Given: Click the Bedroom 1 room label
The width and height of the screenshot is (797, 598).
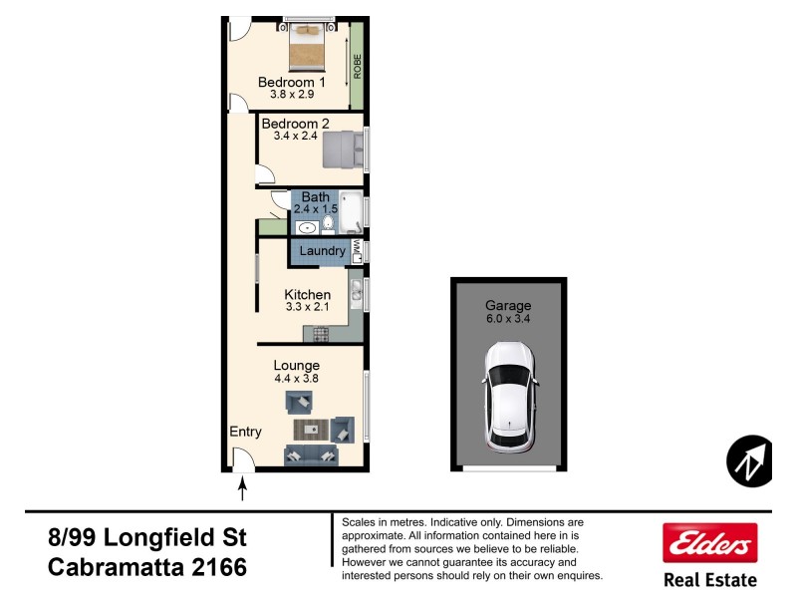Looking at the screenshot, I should pos(292,82).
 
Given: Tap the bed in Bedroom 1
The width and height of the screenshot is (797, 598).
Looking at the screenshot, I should pos(307,44).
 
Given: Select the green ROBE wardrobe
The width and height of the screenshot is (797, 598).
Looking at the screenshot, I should pos(356,66).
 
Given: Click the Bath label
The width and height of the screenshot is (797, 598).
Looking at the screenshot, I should pos(315,197).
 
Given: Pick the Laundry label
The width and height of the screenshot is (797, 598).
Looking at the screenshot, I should pos(322,251).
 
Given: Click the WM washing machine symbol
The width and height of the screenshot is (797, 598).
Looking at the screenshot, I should pos(356,251).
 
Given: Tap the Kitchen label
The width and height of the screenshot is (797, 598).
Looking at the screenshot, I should pos(307,294).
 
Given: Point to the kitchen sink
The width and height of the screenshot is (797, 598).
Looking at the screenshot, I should pos(356,292).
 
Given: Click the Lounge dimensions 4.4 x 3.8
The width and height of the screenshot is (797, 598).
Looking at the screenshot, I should pos(296,379).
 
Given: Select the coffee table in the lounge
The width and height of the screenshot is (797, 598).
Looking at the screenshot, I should pos(311,430).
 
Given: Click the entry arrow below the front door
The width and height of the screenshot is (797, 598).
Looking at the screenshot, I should pos(241,488).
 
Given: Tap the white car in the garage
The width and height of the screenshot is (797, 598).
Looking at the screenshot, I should pos(508,397).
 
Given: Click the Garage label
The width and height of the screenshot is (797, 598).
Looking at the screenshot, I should pos(508,305).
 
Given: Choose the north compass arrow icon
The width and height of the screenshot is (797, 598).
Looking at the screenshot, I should pos(749,461).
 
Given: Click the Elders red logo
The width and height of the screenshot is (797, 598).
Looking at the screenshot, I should pos(709,543).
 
